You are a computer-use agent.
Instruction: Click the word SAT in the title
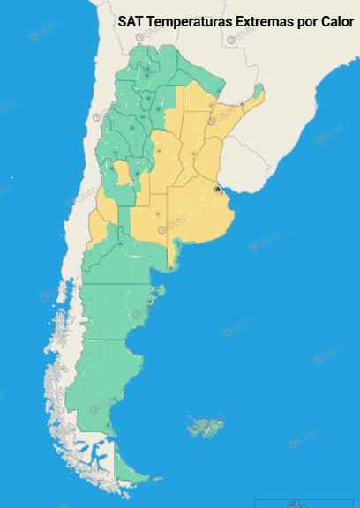click(x=131, y=20)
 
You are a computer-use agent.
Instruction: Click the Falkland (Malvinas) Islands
click(x=205, y=428)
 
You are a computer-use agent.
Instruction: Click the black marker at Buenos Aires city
click(x=217, y=188)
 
